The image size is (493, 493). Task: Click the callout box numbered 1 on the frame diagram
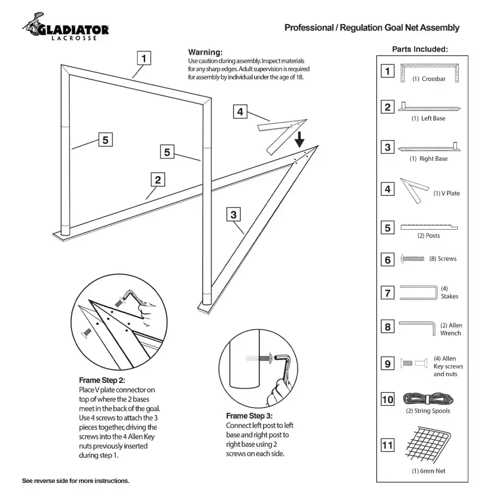pyautogui.click(x=144, y=58)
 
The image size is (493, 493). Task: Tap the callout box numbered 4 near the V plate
pyautogui.click(x=240, y=111)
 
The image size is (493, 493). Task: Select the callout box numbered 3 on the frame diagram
pyautogui.click(x=233, y=215)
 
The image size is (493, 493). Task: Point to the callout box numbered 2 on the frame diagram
pyautogui.click(x=157, y=180)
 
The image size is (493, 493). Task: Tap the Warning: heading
pyautogui.click(x=205, y=52)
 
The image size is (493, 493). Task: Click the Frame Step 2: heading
pyautogui.click(x=102, y=380)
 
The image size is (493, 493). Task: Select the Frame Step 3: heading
pyautogui.click(x=249, y=416)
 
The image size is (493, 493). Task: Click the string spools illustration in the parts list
pyautogui.click(x=428, y=399)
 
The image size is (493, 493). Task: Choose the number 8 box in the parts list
pyautogui.click(x=388, y=327)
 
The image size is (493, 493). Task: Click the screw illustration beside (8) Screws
pyautogui.click(x=413, y=259)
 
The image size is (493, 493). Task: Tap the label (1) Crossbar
pyautogui.click(x=429, y=79)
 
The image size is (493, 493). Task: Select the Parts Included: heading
pyautogui.click(x=420, y=49)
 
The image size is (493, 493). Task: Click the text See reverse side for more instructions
pyautogui.click(x=76, y=481)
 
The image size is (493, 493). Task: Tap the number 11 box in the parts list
pyautogui.click(x=388, y=445)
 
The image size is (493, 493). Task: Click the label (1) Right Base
pyautogui.click(x=428, y=159)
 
